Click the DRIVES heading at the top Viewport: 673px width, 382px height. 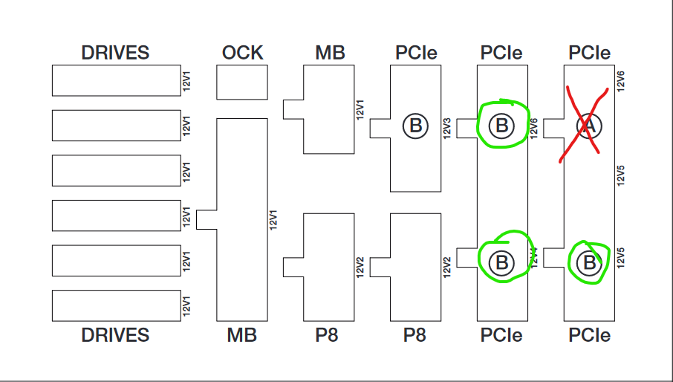tap(115, 53)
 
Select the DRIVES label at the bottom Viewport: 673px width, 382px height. tap(115, 335)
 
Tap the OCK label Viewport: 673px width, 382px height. tap(242, 53)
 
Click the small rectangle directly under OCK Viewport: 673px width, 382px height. tap(242, 82)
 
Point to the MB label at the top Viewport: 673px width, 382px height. tap(330, 53)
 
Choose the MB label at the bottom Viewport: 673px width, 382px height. tap(242, 335)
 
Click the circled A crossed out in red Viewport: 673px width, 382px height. tap(589, 126)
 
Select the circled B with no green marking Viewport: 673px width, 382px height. tap(415, 126)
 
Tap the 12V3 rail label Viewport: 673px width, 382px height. tap(447, 127)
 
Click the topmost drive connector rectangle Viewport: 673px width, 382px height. tap(116, 80)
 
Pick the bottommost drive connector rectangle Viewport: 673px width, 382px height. tap(116, 305)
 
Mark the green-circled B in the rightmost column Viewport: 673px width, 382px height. tap(589, 262)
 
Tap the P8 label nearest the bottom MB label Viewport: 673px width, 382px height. tap(326, 335)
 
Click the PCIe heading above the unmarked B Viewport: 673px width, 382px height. tap(416, 53)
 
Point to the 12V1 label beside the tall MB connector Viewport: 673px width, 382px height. tap(273, 220)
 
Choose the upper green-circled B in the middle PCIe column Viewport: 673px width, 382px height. tap(501, 126)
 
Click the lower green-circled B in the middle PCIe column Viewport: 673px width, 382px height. tap(501, 262)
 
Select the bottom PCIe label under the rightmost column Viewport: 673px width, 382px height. tap(590, 335)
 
